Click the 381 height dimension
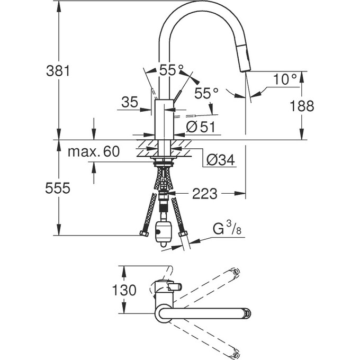tap(58, 70)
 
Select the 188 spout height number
tap(302, 105)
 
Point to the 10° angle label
tap(285, 79)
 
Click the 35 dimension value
tap(129, 102)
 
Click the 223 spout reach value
tap(205, 194)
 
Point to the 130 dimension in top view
tap(125, 290)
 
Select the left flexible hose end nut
tap(143, 233)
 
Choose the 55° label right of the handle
tap(206, 93)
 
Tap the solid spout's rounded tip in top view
tap(247, 312)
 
